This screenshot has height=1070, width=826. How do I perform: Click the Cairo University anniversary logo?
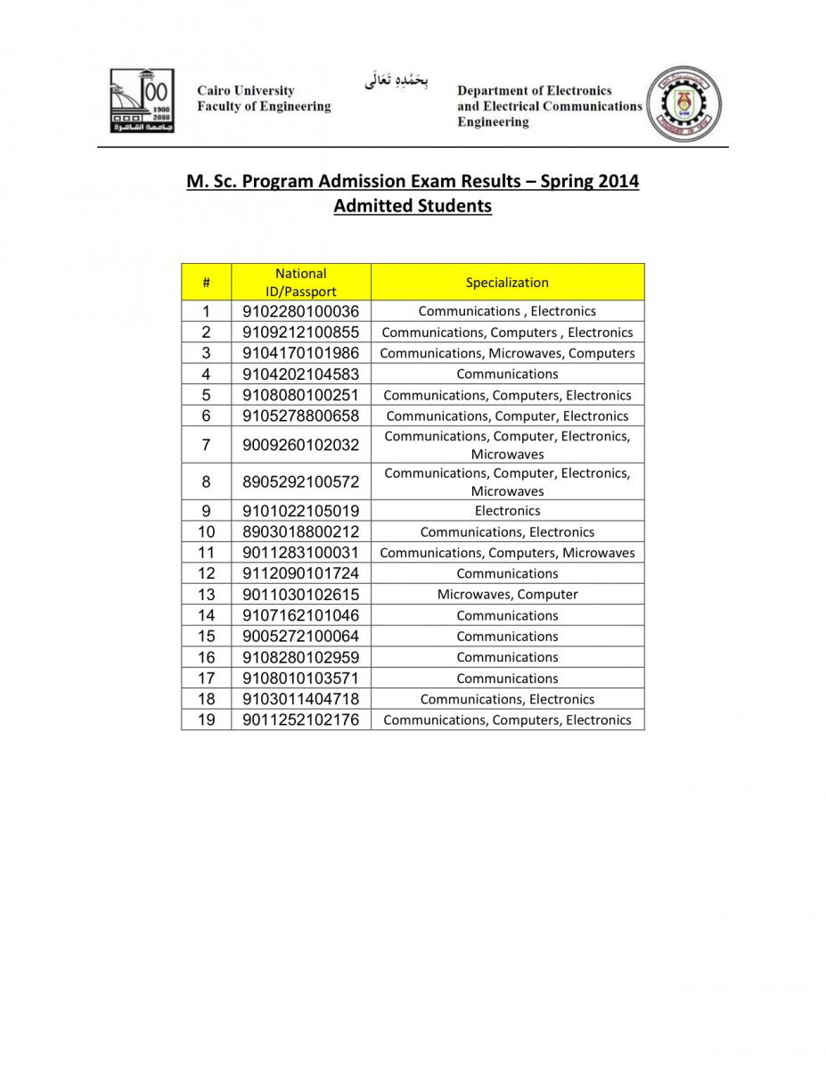tap(141, 101)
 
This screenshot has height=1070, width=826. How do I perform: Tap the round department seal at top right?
tap(683, 104)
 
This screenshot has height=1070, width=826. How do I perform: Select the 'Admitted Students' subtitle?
tap(413, 206)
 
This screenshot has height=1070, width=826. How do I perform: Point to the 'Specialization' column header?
tap(507, 283)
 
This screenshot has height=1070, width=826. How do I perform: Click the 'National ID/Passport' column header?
tap(300, 283)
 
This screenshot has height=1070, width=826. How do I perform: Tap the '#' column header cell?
tap(206, 283)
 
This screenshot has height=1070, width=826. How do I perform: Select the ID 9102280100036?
tap(300, 311)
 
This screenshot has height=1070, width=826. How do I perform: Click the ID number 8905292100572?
tap(300, 481)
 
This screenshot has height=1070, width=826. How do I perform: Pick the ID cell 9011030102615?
tap(300, 595)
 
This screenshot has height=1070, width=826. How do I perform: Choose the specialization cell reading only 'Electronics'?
tap(507, 511)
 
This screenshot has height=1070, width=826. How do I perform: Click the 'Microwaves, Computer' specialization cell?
tap(507, 595)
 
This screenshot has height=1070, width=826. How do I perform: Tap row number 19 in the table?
tap(206, 720)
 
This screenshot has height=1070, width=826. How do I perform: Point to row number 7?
tap(206, 444)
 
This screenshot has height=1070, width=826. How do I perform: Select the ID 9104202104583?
tap(300, 374)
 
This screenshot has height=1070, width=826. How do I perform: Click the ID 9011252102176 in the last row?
tap(300, 720)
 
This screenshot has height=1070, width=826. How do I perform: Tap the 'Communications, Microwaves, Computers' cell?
tap(507, 353)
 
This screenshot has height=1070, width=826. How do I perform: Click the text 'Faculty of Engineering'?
tap(264, 107)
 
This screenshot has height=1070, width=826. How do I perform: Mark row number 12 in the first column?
tap(206, 573)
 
